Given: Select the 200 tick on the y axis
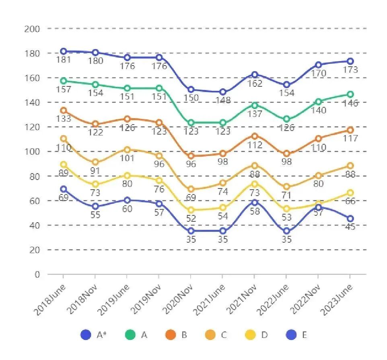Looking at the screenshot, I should point(32,29).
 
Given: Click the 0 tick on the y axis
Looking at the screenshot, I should point(37,274).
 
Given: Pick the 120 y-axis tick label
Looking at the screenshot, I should point(32,127).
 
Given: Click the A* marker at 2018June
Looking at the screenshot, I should point(63,51).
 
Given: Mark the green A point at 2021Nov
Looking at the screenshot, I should point(255,105).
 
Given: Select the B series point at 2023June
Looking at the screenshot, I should point(350,130).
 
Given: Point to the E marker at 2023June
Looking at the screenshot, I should point(350,219).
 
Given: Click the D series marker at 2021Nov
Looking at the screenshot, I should point(255,184).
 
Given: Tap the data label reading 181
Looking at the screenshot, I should point(64,60).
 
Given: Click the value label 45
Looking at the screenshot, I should point(350,227).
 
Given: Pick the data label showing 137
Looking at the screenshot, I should point(255,114).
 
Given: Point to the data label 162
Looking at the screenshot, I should point(255,84).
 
